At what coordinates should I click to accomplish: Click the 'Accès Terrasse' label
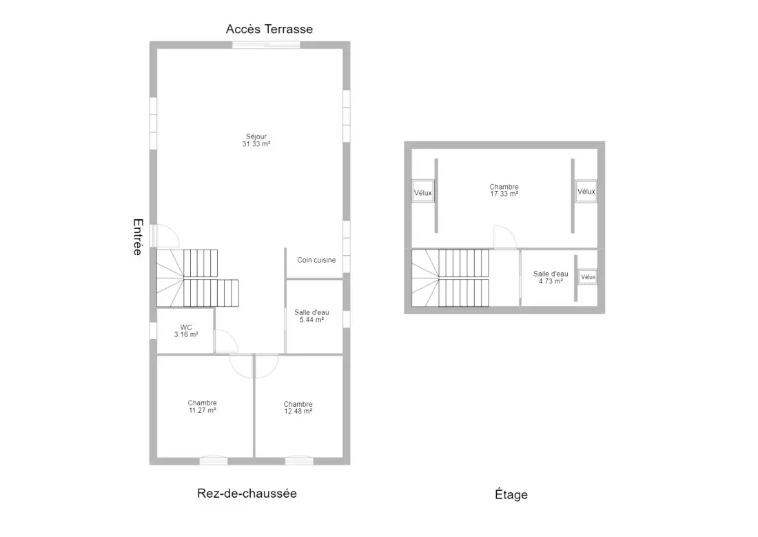[269, 29]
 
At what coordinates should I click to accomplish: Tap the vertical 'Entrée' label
[139, 236]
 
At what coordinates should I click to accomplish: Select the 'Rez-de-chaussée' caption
[247, 494]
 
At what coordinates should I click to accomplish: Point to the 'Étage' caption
[511, 494]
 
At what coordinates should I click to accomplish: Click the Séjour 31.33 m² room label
[256, 141]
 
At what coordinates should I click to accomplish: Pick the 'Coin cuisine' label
[316, 261]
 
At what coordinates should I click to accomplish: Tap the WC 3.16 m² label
[186, 331]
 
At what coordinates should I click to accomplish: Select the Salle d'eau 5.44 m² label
[311, 316]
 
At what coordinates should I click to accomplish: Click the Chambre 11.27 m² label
[202, 407]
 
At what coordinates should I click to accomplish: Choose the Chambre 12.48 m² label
[298, 408]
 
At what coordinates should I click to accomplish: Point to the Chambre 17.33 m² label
[504, 190]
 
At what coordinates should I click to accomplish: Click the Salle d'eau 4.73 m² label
[551, 277]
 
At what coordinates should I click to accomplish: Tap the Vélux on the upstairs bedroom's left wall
[423, 192]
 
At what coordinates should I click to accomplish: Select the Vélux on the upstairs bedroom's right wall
[586, 192]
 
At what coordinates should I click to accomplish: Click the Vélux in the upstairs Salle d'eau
[588, 276]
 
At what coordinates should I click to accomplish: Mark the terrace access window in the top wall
[267, 45]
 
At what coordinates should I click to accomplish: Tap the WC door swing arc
[231, 335]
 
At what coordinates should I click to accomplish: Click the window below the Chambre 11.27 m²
[214, 460]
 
